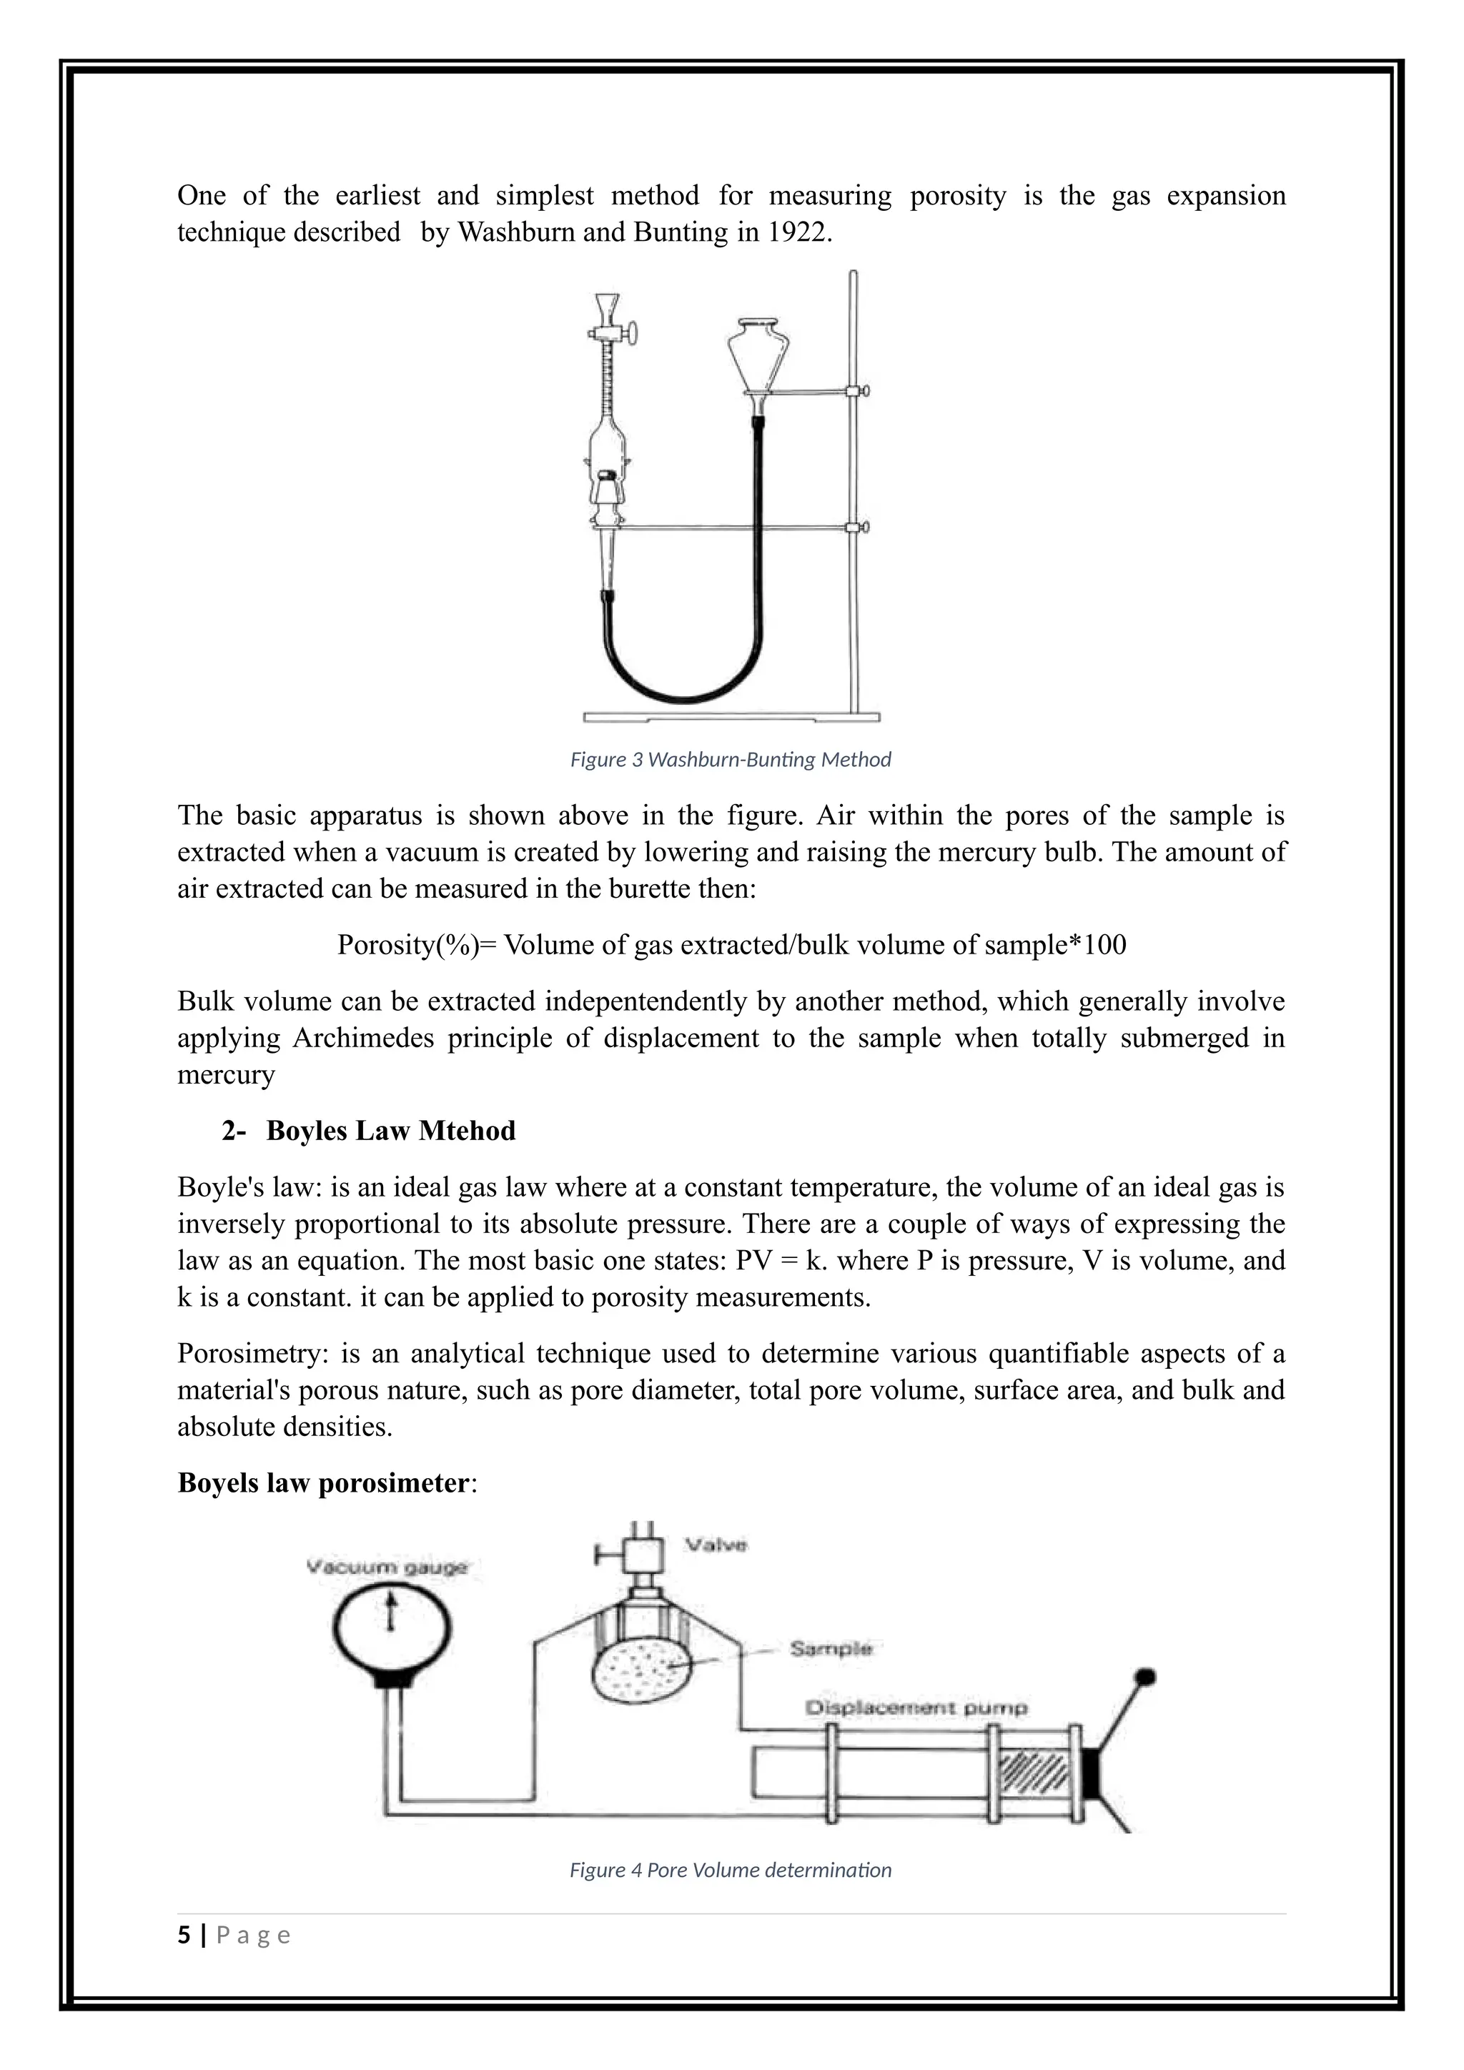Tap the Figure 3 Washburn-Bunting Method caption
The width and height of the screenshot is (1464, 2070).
click(730, 760)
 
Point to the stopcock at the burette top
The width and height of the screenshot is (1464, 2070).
click(620, 335)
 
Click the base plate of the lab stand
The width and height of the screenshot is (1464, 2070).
click(730, 718)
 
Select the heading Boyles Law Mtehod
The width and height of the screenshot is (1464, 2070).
click(390, 1131)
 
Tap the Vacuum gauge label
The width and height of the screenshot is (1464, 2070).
click(387, 1567)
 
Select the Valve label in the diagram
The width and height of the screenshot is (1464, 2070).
click(716, 1545)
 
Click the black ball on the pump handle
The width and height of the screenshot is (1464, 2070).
click(1147, 1678)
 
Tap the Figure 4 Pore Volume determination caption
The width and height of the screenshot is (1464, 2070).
click(730, 1871)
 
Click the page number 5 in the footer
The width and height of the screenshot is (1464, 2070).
click(185, 1936)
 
